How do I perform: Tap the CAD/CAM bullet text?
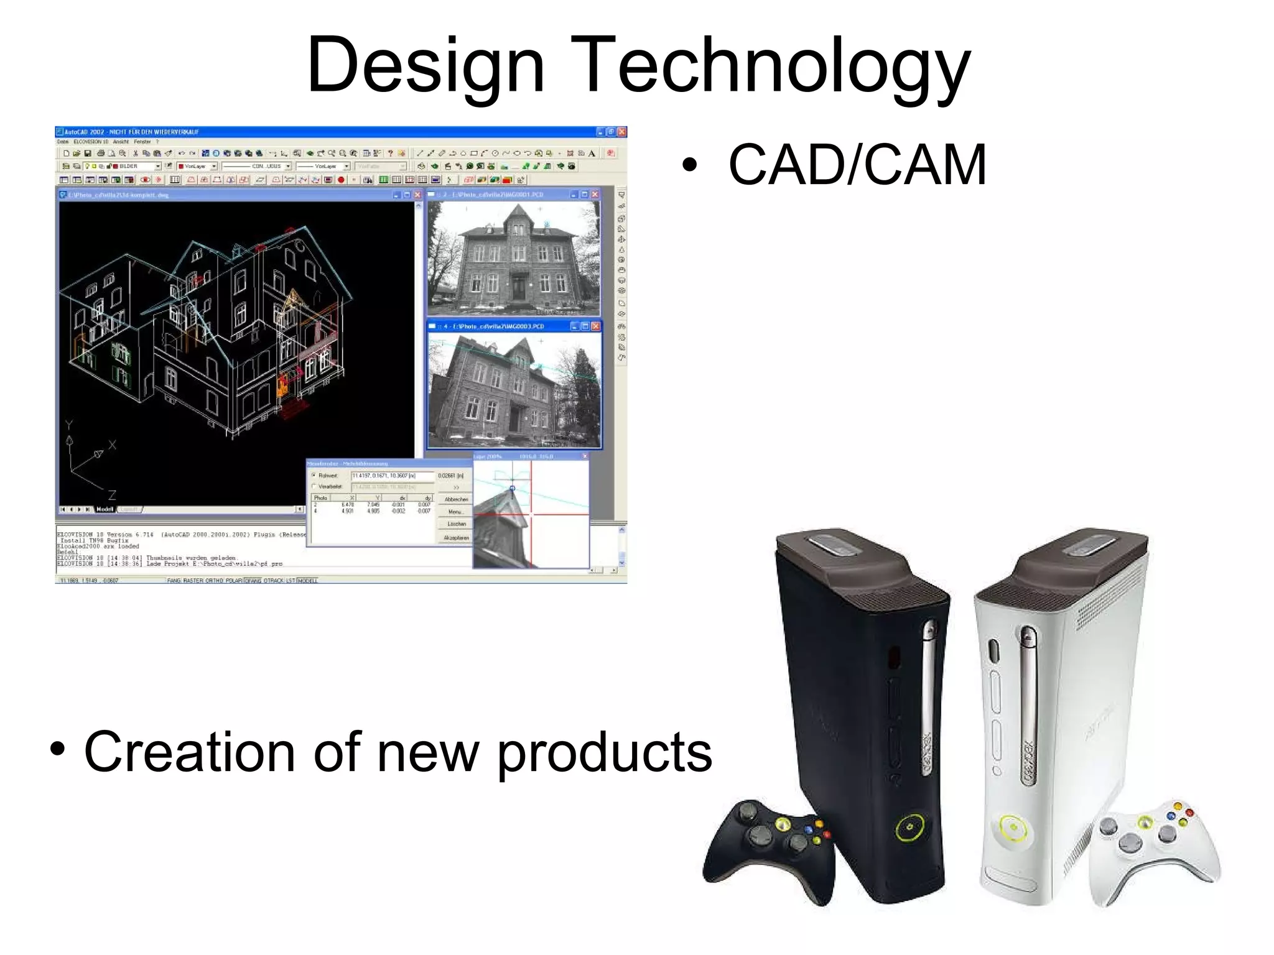857,165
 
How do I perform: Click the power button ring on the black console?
909,828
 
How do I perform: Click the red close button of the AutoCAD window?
621,132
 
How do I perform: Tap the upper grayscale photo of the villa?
514,257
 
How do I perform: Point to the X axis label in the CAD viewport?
112,445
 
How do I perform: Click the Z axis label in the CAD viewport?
112,496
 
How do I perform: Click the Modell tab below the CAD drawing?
105,509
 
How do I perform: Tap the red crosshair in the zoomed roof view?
531,514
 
